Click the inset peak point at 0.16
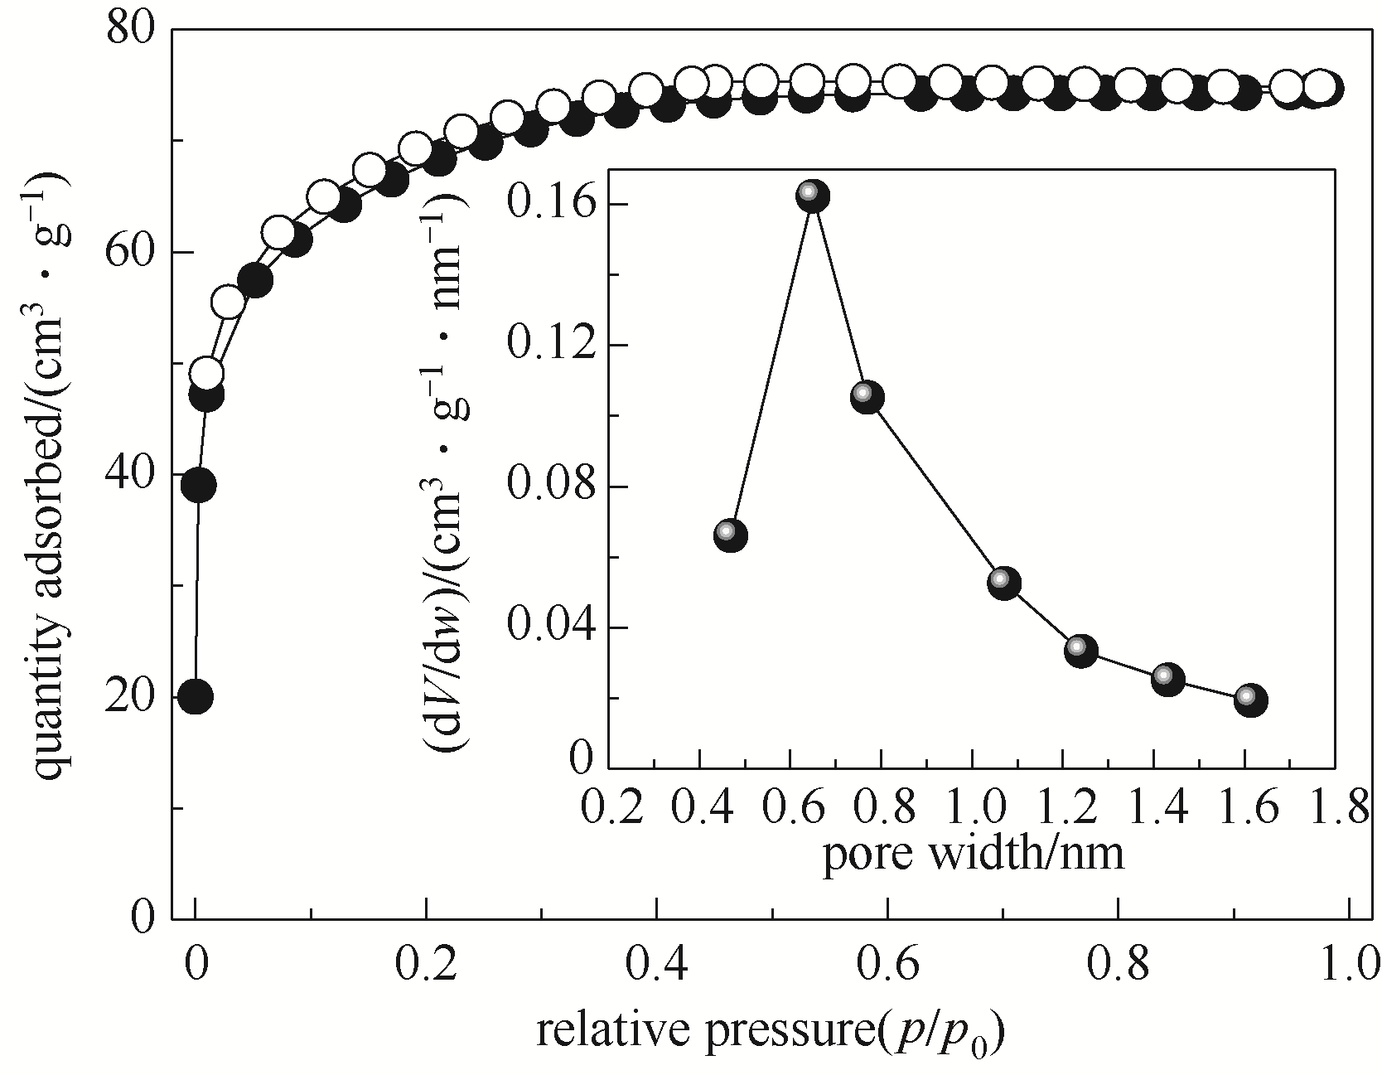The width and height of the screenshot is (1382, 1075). click(813, 196)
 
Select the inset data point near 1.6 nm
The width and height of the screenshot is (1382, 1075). click(1249, 700)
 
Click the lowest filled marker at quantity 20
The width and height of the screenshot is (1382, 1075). click(196, 697)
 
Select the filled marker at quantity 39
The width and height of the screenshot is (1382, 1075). click(199, 485)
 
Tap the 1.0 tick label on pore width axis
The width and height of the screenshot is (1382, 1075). click(973, 807)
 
